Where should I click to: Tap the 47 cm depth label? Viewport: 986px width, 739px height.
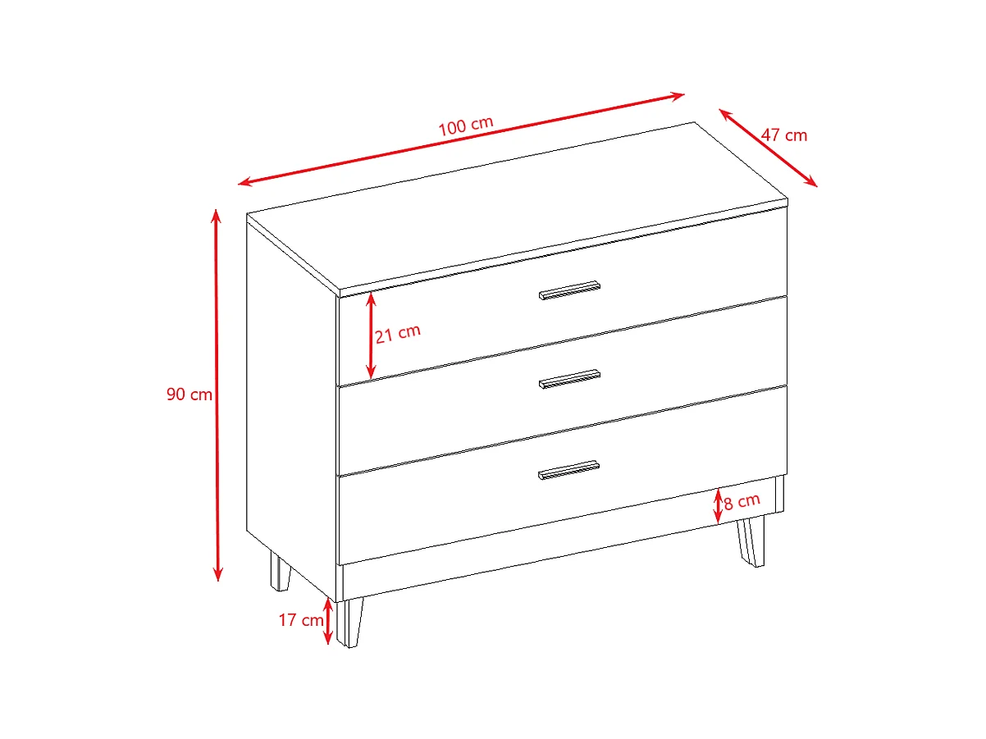[x=783, y=135]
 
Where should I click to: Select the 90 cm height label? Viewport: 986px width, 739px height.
[x=189, y=395]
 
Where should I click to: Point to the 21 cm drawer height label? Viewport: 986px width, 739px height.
[x=398, y=333]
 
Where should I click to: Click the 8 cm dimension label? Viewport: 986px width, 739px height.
[x=742, y=500]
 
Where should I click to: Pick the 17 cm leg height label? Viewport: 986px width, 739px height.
[x=301, y=620]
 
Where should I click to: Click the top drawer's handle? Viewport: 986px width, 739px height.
[x=569, y=290]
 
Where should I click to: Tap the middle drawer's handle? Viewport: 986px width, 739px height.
[x=569, y=379]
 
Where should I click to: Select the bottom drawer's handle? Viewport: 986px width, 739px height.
[x=569, y=469]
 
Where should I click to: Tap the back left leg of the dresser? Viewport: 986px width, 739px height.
[x=280, y=572]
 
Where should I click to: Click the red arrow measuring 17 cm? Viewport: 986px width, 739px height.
[x=329, y=622]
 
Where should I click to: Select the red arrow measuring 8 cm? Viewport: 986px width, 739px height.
[x=719, y=505]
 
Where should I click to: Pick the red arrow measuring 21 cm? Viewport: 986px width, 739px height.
[x=371, y=334]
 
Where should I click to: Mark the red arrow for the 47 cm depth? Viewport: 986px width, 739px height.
[x=768, y=148]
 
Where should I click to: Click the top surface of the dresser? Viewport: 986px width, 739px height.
[x=517, y=205]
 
